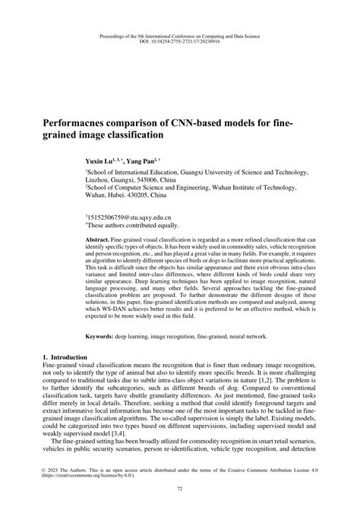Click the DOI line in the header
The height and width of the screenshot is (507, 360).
pyautogui.click(x=180, y=43)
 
